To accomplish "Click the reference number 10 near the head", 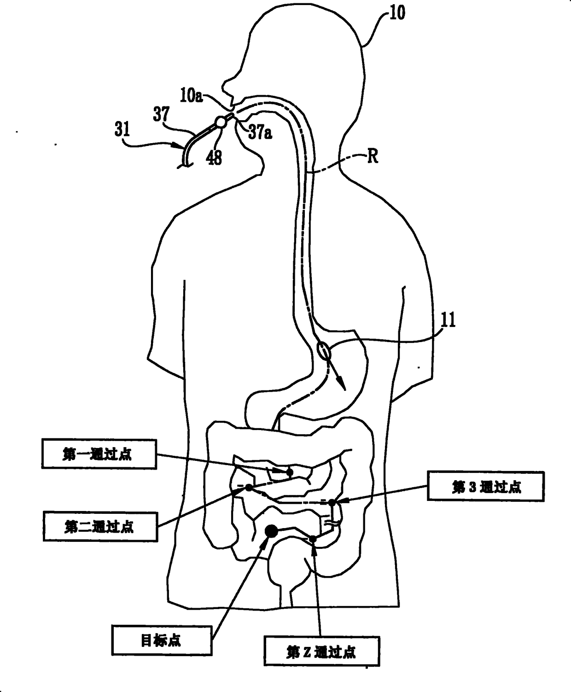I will [397, 12].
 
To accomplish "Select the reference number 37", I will [161, 114].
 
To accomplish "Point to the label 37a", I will [260, 133].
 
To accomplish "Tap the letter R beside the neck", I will [373, 157].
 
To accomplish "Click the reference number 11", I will [448, 320].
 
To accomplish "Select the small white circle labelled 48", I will [221, 122].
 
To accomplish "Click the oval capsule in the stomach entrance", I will [324, 351].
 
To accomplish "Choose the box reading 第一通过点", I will [98, 454].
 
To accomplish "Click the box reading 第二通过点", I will [99, 526].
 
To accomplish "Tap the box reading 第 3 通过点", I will [486, 486].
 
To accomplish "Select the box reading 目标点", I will [161, 640].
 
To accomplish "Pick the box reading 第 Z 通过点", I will [321, 651].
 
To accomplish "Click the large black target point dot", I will [271, 531].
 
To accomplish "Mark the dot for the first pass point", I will [290, 472].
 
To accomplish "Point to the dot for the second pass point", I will [249, 488].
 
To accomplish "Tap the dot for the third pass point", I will [332, 502].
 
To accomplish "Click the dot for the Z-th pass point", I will [313, 539].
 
